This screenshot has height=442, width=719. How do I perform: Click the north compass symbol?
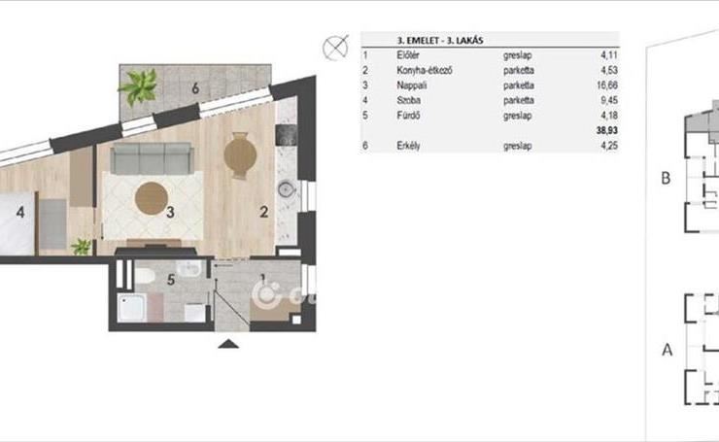335,48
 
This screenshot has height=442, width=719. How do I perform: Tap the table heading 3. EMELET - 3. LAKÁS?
440,41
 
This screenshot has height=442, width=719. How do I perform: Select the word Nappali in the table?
411,85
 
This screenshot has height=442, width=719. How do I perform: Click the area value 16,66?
607,85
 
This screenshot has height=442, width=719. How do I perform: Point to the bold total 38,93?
607,130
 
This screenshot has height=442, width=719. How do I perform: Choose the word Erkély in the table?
408,146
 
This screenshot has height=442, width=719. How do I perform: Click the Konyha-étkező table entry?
425,70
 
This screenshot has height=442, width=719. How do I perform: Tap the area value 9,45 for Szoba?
609,100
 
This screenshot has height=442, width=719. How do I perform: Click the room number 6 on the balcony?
195,88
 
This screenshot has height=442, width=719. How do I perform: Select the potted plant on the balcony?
139,86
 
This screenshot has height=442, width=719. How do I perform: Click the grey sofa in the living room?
152,158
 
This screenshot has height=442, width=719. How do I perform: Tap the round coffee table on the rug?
151,198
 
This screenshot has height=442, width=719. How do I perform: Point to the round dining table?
240,155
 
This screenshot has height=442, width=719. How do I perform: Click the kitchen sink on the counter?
287,188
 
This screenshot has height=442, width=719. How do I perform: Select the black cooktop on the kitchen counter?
287,135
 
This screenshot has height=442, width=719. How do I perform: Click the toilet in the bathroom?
144,276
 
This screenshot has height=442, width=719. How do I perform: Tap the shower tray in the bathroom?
131,307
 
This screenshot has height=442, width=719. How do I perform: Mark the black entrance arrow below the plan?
228,344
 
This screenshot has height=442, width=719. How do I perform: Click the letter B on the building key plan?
666,178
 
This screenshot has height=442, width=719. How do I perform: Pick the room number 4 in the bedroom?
20,213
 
